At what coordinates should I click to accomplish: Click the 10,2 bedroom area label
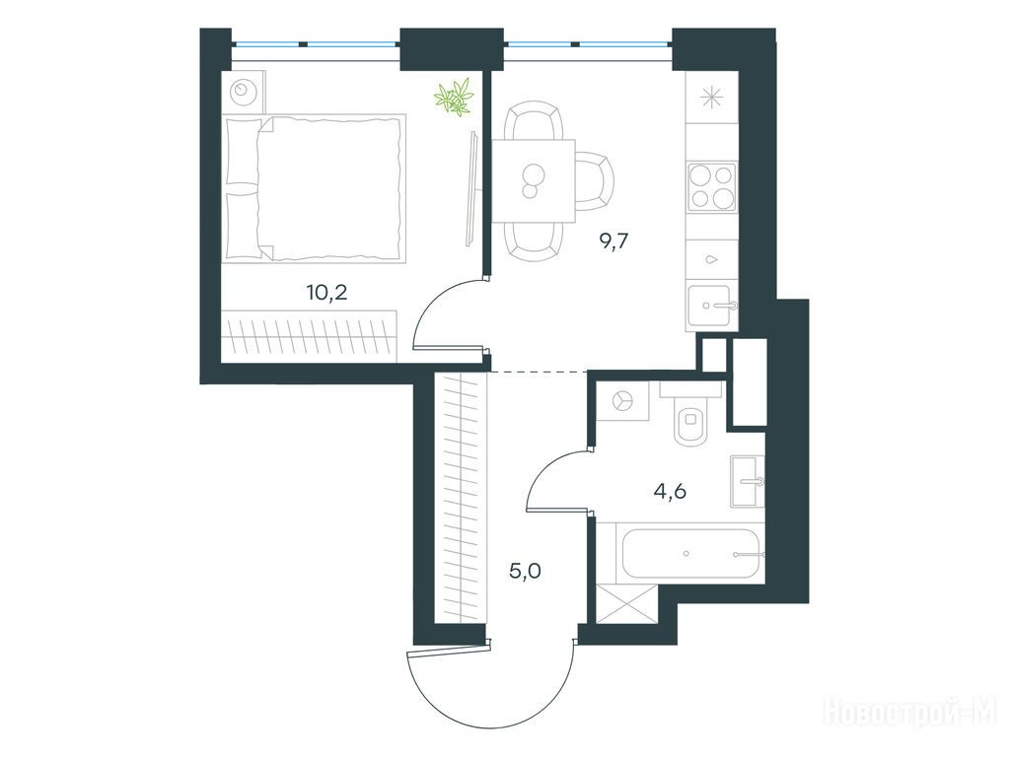tap(327, 293)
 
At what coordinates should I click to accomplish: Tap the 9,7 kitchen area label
tap(613, 241)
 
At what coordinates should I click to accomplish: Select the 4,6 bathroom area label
tap(670, 492)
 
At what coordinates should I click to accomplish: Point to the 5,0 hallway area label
tap(525, 571)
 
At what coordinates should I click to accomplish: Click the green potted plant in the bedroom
tap(455, 98)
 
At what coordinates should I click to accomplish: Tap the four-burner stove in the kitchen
tap(712, 186)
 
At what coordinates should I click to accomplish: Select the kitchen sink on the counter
tap(712, 306)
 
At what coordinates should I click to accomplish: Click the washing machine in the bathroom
tap(622, 401)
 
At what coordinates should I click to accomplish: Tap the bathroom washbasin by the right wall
tap(748, 481)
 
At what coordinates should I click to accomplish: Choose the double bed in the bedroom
tap(315, 188)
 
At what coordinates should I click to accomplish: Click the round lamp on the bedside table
tap(243, 90)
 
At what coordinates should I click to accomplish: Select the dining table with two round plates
tap(534, 181)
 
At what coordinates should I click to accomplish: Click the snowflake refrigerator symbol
tap(712, 98)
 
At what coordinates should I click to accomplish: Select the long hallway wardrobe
tap(461, 498)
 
